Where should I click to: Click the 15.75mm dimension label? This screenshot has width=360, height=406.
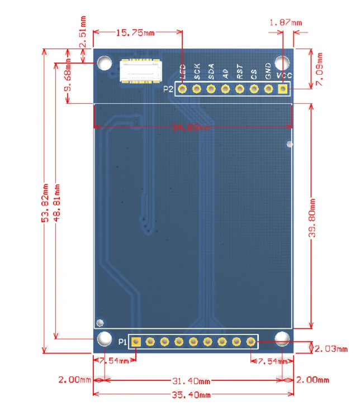pyautogui.click(x=135, y=32)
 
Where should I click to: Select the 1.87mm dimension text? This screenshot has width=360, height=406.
pyautogui.click(x=285, y=23)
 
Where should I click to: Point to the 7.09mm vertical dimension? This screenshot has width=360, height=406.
pyautogui.click(x=319, y=69)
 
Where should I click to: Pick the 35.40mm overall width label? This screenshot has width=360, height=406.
pyautogui.click(x=192, y=395)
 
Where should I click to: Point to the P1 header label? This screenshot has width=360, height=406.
pyautogui.click(x=122, y=341)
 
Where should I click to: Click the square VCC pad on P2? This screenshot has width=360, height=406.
pyautogui.click(x=283, y=88)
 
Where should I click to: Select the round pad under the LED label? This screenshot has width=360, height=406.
pyautogui.click(x=182, y=88)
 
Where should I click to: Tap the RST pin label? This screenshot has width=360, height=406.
pyautogui.click(x=240, y=71)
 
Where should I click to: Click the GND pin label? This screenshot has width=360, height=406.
pyautogui.click(x=268, y=70)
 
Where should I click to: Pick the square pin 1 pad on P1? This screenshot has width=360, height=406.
pyautogui.click(x=136, y=341)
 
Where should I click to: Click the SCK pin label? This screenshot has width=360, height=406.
pyautogui.click(x=197, y=71)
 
